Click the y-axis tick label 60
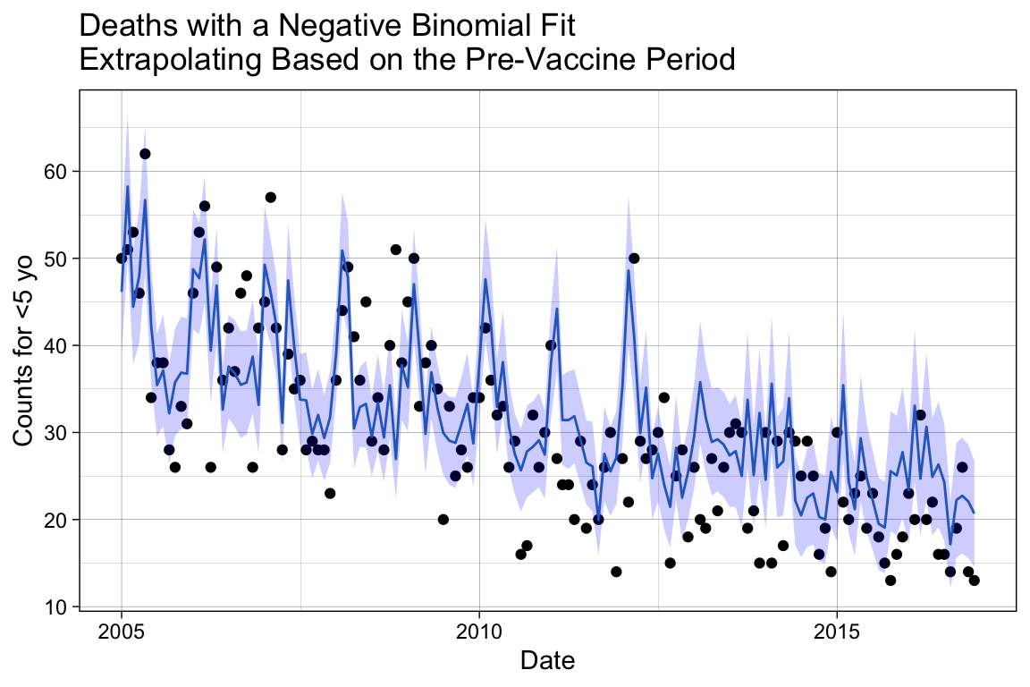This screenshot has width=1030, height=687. tap(58, 172)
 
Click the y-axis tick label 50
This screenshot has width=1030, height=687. tap(58, 259)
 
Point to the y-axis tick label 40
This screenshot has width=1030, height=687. tap(58, 345)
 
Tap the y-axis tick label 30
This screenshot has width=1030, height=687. tap(58, 433)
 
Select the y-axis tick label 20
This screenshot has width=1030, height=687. tap(58, 520)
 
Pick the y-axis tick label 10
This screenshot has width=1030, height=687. tap(58, 606)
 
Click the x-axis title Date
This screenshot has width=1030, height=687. tap(547, 661)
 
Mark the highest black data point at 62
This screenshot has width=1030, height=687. tap(145, 154)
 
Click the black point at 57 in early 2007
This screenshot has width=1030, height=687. tap(270, 197)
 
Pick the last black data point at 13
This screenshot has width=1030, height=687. tap(974, 581)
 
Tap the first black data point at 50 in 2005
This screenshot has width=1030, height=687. tap(122, 259)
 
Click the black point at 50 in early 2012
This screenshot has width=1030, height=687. tap(634, 259)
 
